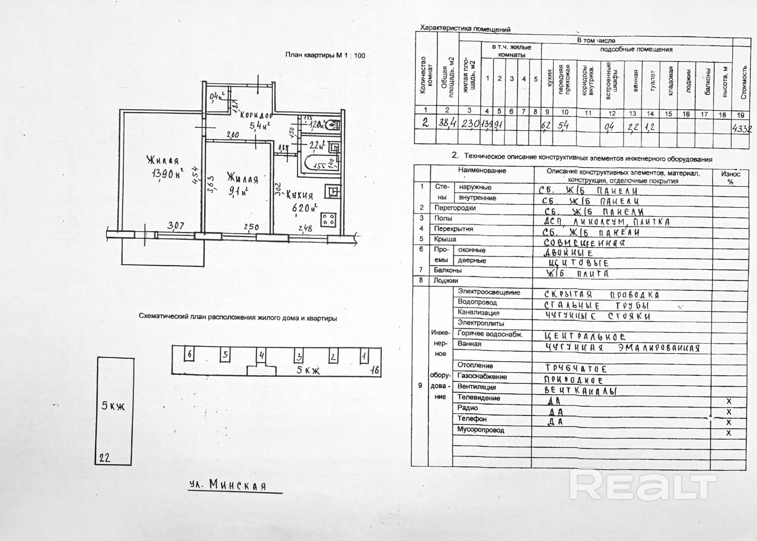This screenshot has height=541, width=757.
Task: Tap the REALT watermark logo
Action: coord(643,485)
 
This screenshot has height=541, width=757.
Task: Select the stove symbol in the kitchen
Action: coord(329,220)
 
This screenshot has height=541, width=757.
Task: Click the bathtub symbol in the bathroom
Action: coord(318,164)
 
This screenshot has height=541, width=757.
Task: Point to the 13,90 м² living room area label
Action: coord(167,173)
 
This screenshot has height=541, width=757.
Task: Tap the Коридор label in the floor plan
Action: coord(256,115)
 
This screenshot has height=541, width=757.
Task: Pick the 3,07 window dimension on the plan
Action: coord(176,226)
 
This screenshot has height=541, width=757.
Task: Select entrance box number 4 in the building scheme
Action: coord(261,355)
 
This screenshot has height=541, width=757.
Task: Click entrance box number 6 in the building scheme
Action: coord(190,354)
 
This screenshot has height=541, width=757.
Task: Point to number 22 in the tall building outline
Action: coord(105,458)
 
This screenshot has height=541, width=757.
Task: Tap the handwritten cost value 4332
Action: coord(742,128)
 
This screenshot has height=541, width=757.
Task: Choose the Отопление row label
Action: coord(475,365)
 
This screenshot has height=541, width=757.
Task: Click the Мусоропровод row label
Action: coord(480,430)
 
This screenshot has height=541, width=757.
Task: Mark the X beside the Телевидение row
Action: coord(729,401)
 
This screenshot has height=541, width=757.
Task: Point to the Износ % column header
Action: coord(731,177)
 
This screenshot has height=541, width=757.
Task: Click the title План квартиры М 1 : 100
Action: coord(325,55)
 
